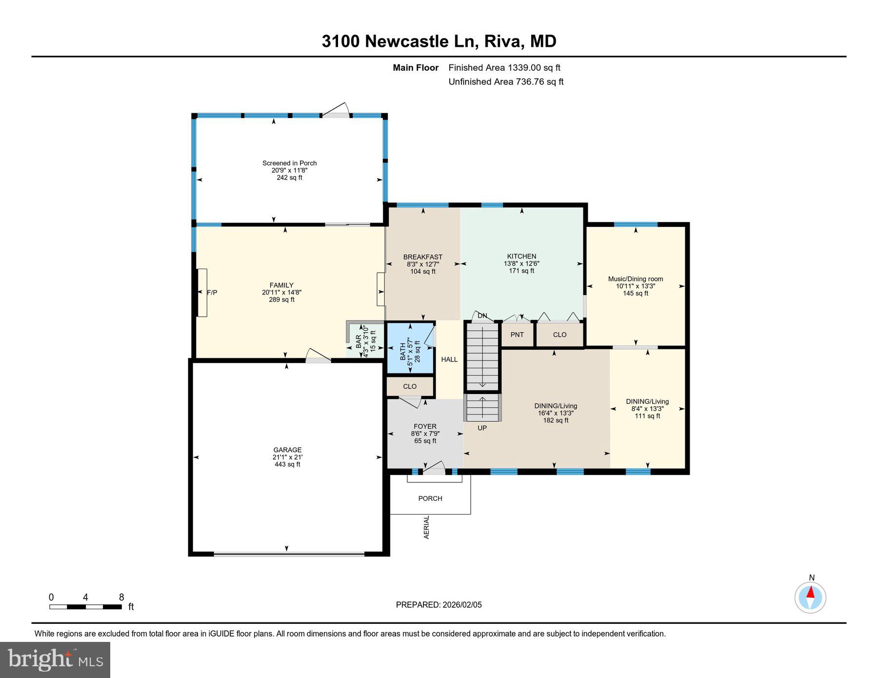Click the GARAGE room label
pyautogui.click(x=287, y=450)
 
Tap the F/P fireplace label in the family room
pyautogui.click(x=212, y=293)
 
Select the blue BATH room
pyautogui.click(x=410, y=348)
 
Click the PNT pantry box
pyautogui.click(x=517, y=335)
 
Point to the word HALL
pyautogui.click(x=449, y=359)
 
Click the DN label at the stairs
pyautogui.click(x=482, y=316)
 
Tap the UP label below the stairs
pyautogui.click(x=482, y=428)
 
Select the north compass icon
pyautogui.click(x=810, y=597)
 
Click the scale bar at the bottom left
pyautogui.click(x=85, y=607)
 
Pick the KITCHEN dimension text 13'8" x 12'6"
pyautogui.click(x=521, y=263)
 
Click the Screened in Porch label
pyautogui.click(x=289, y=163)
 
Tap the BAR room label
pyautogui.click(x=359, y=341)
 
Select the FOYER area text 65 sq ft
pyautogui.click(x=425, y=441)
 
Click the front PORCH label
pyautogui.click(x=430, y=499)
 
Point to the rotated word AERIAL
pyautogui.click(x=426, y=527)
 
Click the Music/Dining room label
pyautogui.click(x=635, y=279)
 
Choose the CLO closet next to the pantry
pyautogui.click(x=559, y=335)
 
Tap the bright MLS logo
pyautogui.click(x=55, y=659)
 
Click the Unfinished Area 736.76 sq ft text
pyautogui.click(x=506, y=82)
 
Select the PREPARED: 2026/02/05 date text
pyautogui.click(x=439, y=605)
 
